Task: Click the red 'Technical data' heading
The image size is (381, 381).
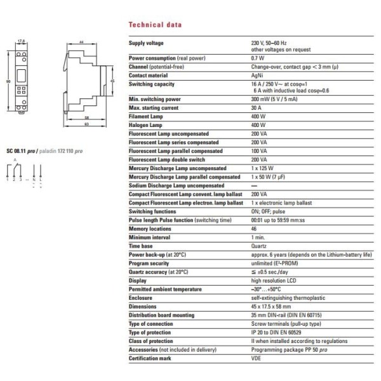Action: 155,25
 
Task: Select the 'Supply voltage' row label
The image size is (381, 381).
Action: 146,43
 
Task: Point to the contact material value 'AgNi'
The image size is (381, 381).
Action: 257,75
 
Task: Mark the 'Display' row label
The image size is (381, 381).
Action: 138,279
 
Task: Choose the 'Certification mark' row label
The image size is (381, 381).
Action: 150,357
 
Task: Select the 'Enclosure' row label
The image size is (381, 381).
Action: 141,296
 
